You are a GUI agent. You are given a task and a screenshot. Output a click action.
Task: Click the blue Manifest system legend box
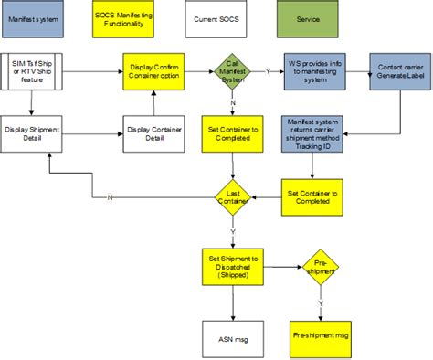click(x=34, y=18)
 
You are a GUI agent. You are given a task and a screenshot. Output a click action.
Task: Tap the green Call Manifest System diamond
click(x=233, y=70)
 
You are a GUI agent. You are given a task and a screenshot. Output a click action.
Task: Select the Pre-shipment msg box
click(x=321, y=336)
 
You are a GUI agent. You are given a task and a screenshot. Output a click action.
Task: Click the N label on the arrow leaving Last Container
click(x=109, y=197)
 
